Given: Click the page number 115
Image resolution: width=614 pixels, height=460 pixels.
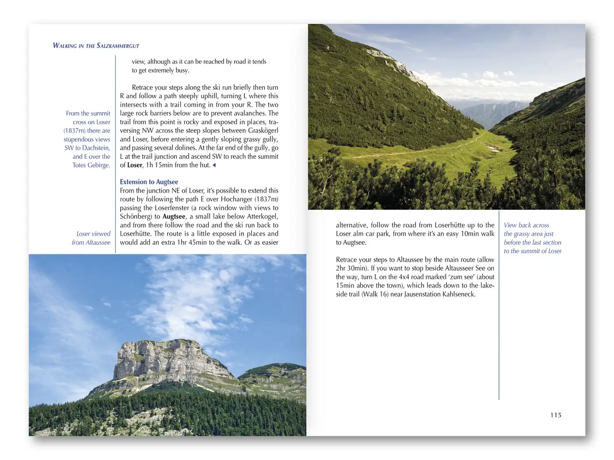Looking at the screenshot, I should [556, 415].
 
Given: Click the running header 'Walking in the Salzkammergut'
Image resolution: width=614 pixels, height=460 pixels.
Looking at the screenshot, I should [96, 46].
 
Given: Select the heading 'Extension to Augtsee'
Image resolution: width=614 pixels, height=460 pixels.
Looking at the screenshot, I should [149, 182].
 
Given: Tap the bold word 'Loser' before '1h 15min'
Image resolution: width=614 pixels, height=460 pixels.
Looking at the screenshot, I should [135, 165].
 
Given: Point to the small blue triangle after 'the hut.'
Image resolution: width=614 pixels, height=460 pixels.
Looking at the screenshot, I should [214, 165].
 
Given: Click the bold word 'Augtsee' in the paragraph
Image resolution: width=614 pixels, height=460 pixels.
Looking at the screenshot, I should [174, 216].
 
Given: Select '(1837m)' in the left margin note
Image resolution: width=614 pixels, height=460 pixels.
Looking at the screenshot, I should [75, 131].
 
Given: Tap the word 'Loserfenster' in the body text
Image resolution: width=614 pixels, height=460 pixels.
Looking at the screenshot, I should [172, 208].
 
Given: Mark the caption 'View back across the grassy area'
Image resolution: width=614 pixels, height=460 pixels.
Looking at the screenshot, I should [532, 238].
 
